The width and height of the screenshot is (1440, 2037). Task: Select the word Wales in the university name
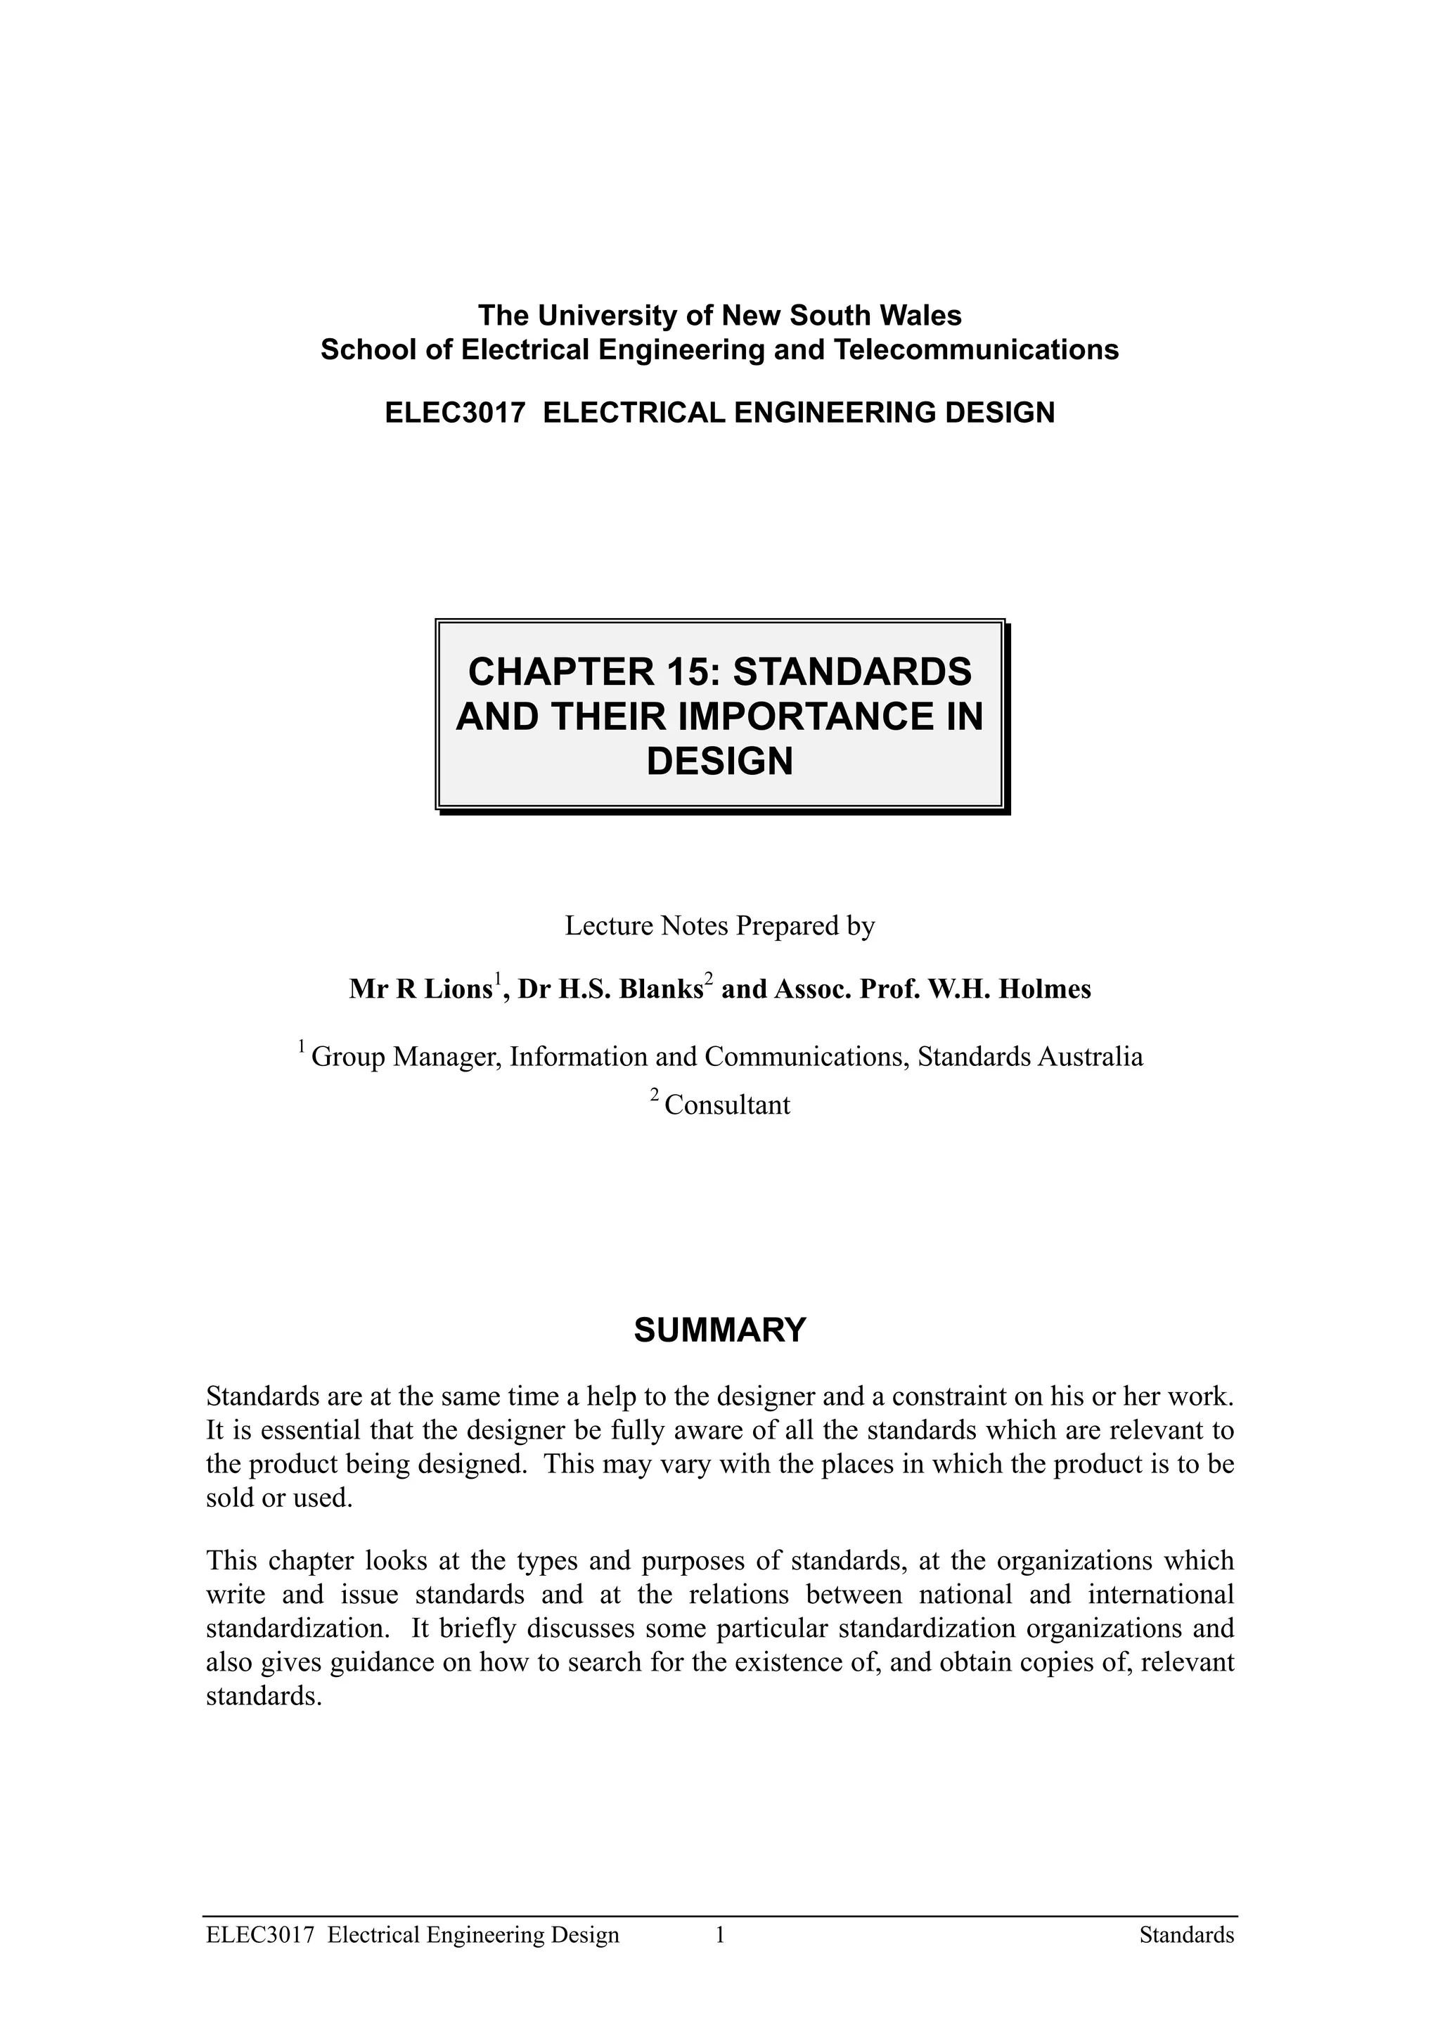coord(921,315)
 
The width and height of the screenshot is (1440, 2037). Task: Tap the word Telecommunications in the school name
coord(975,349)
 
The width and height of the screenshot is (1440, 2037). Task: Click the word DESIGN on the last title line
coord(719,762)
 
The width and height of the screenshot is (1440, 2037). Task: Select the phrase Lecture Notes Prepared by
coord(719,926)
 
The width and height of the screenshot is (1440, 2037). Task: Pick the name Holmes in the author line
coord(1044,989)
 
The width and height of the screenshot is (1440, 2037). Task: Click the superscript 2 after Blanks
coord(708,979)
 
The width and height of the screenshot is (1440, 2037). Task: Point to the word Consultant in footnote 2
coord(726,1105)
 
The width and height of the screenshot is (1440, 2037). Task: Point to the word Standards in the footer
coord(1186,1935)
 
